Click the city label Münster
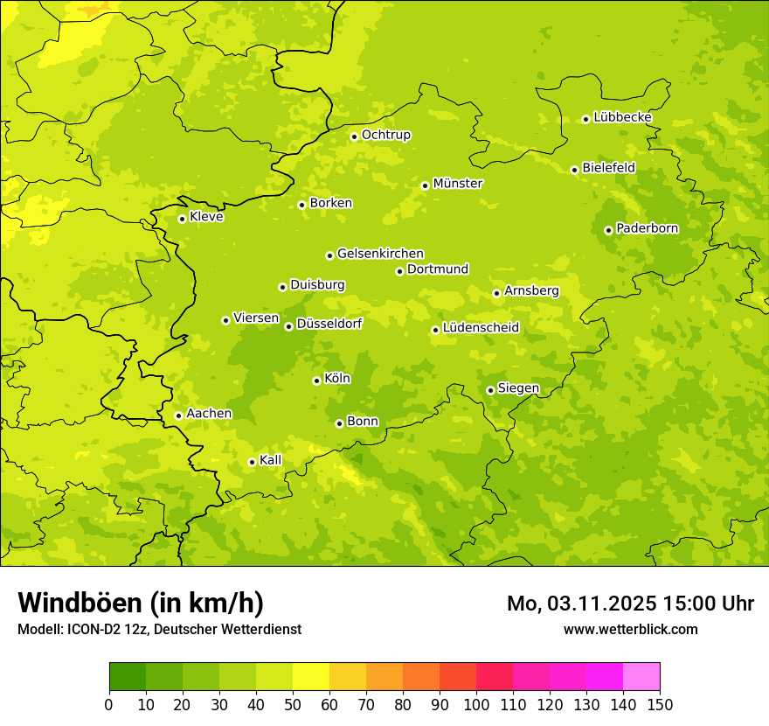458,184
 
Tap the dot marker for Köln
316,380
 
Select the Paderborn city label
647,228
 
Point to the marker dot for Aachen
178,415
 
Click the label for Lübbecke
622,117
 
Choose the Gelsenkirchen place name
380,254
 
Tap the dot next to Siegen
490,390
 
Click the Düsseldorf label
329,324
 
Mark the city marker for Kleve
182,219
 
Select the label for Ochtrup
386,135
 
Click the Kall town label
271,460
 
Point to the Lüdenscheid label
481,328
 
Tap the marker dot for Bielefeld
574,170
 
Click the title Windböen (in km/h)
141,603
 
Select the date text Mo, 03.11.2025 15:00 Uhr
630,604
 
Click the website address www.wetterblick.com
630,629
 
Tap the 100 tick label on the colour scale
476,704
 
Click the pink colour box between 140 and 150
641,676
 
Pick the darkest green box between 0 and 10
128,676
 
